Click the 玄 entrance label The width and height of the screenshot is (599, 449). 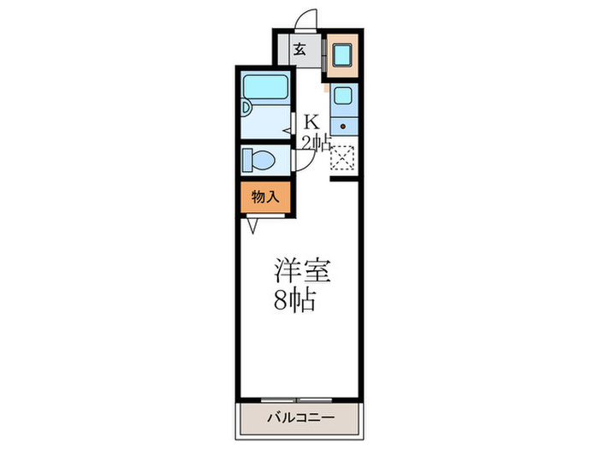click(301, 49)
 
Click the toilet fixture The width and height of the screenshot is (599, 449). click(258, 160)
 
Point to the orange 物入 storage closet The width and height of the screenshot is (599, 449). click(265, 197)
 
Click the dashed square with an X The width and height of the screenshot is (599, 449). click(342, 159)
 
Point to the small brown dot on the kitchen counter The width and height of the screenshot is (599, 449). click(343, 126)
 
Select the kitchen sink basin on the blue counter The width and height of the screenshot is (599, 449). click(343, 95)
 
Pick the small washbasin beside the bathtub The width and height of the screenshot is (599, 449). click(246, 108)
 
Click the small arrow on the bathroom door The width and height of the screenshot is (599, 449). click(288, 130)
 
